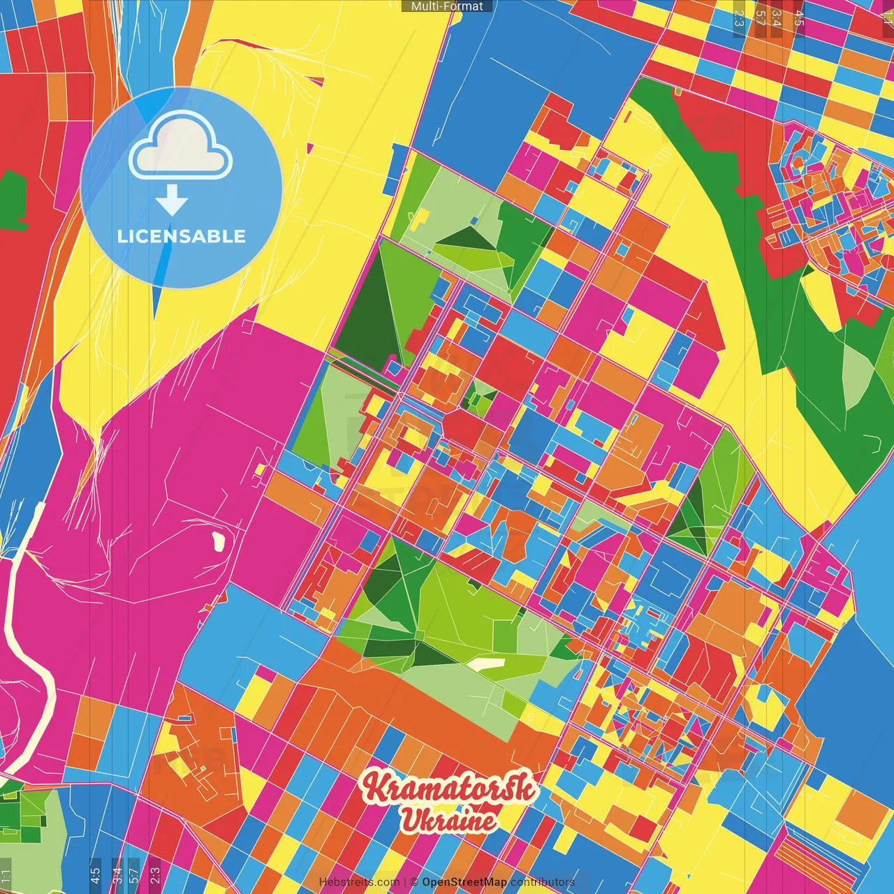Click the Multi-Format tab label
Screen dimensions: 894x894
(447, 6)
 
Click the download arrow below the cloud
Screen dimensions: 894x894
(172, 200)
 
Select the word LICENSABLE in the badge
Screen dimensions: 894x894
(182, 236)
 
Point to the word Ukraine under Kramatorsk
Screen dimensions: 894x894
(448, 820)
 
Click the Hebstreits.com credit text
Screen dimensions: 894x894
(359, 882)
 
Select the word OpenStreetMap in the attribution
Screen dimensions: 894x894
(464, 882)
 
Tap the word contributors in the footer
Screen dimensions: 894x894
(543, 882)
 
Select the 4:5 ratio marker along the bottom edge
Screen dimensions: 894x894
(95, 875)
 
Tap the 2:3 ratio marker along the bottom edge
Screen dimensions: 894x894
(155, 875)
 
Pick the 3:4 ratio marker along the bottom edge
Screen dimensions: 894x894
(117, 875)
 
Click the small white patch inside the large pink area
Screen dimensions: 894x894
(218, 540)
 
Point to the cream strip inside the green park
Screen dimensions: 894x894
(485, 664)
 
